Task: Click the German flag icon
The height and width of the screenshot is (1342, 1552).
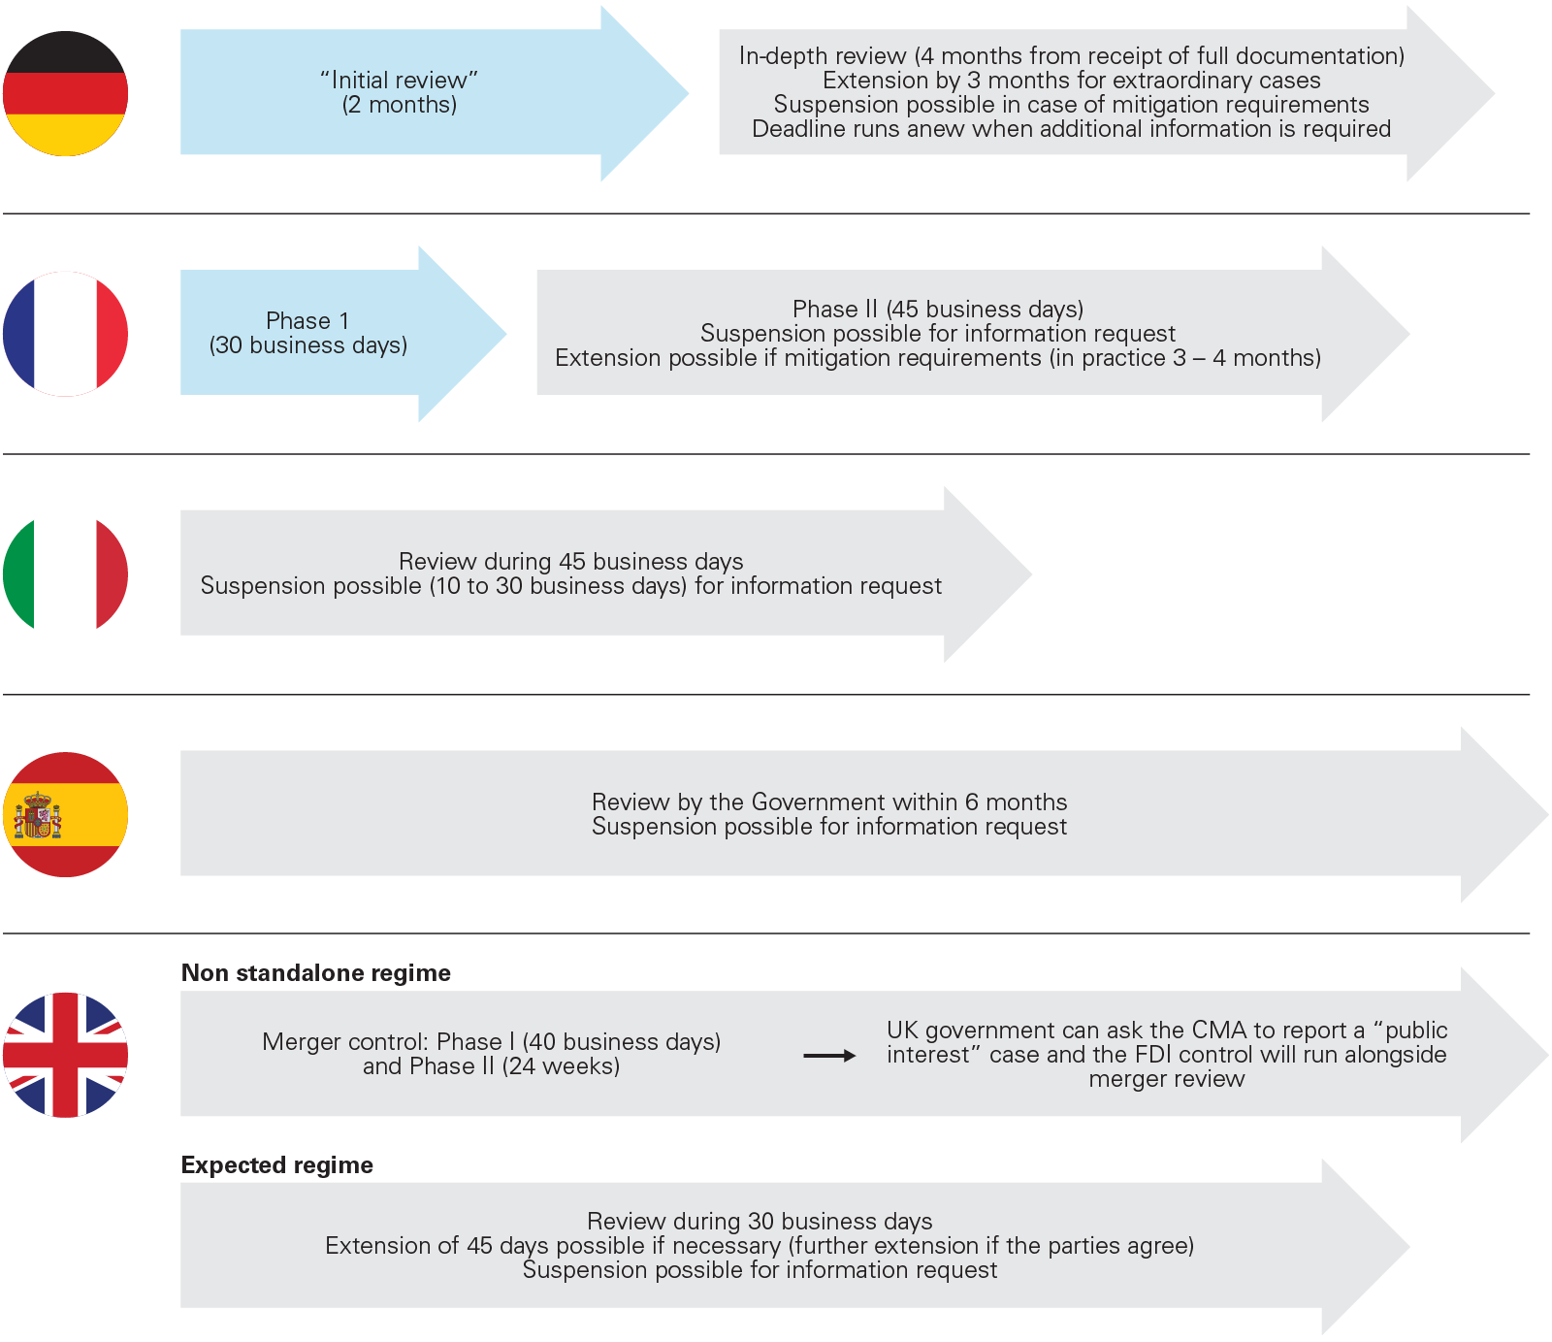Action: [x=65, y=94]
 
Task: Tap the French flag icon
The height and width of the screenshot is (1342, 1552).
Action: [x=65, y=334]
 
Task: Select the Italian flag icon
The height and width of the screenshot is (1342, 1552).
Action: [x=65, y=573]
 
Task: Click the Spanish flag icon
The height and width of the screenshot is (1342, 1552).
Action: [x=65, y=814]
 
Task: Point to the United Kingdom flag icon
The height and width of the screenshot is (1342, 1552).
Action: [x=65, y=1055]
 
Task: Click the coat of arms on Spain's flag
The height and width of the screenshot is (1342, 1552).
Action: [x=38, y=815]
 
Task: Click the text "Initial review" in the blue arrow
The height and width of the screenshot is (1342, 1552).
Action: [x=399, y=81]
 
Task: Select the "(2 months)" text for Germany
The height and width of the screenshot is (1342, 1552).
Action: [x=399, y=105]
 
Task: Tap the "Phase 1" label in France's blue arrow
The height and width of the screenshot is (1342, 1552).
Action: [x=307, y=321]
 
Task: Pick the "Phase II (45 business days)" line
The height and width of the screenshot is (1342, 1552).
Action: [x=937, y=310]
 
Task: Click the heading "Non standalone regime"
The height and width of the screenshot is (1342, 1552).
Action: [x=316, y=973]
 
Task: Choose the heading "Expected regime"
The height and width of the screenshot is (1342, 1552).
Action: [x=277, y=1165]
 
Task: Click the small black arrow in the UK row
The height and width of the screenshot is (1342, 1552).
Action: [x=829, y=1056]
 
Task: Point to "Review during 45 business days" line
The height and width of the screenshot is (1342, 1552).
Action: [x=570, y=562]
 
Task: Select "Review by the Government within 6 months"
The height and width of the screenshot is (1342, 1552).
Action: [x=829, y=802]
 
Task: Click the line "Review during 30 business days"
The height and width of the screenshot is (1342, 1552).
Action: [x=760, y=1222]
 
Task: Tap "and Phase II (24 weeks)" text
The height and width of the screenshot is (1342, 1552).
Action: [x=491, y=1066]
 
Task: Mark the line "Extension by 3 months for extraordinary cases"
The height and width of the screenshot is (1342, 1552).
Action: [x=1071, y=81]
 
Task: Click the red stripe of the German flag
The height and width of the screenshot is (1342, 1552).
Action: [x=65, y=94]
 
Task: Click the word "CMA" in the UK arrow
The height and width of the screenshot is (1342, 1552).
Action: [x=1218, y=1031]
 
